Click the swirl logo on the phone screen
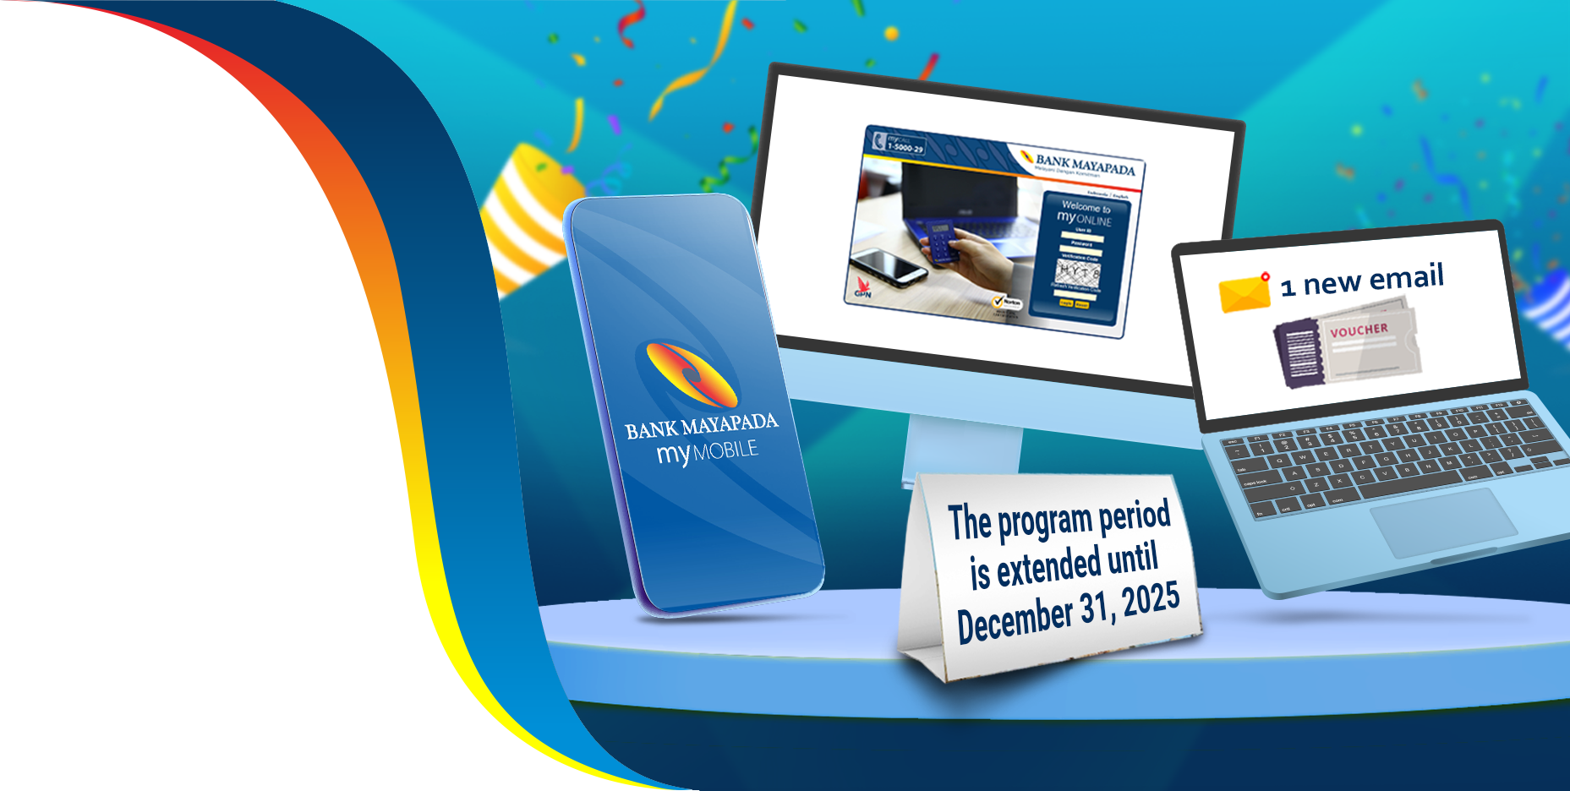tap(692, 374)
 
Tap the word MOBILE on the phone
tap(725, 451)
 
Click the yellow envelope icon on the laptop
tap(1244, 292)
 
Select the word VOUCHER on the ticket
tap(1359, 330)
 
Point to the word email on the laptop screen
tap(1406, 276)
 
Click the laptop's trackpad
tap(1443, 521)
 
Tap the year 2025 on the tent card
tap(1151, 600)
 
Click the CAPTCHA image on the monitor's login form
tap(1078, 272)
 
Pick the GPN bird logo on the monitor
tap(863, 288)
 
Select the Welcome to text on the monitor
tap(1086, 206)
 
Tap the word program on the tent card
tap(1044, 523)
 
